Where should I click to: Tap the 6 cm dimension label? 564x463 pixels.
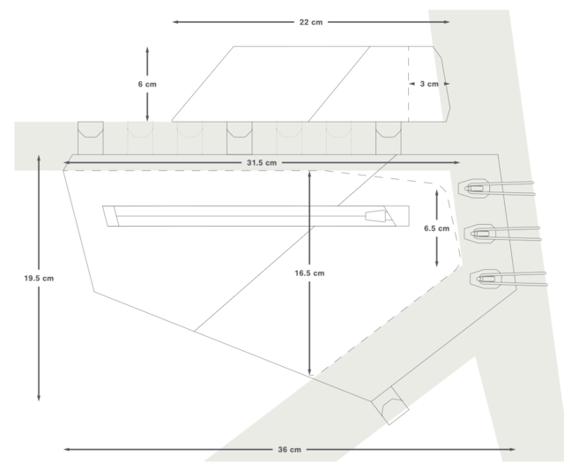(147, 84)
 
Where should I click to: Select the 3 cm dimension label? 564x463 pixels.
(428, 84)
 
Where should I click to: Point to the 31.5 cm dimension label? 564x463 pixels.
(263, 162)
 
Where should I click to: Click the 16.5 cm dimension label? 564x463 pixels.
(308, 273)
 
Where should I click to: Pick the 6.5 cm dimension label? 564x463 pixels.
(437, 228)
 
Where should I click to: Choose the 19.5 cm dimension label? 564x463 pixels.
(40, 278)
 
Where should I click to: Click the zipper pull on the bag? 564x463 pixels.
(375, 214)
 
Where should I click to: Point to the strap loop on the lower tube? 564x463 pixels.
(388, 406)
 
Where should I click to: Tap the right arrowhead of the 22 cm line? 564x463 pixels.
(447, 21)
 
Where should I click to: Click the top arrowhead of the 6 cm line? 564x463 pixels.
(147, 49)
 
